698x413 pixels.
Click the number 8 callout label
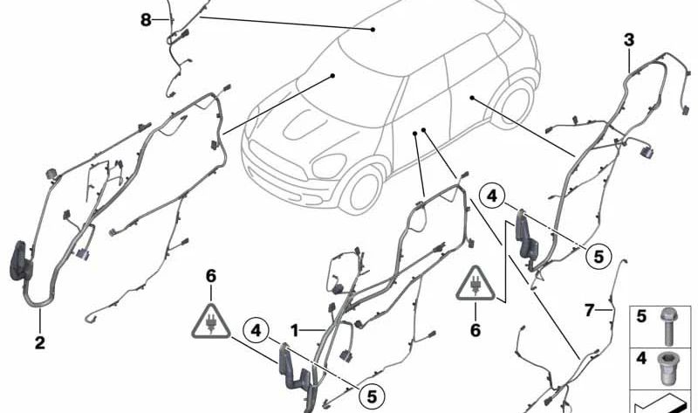tap(146, 19)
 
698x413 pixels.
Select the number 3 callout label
tap(628, 39)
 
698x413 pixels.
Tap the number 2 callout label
tap(39, 342)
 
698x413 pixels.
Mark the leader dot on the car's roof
tap(373, 30)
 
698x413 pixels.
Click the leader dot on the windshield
tap(333, 77)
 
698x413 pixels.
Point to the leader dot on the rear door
tap(471, 99)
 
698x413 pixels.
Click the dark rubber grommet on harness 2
tap(19, 262)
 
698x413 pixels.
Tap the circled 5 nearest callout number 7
tap(598, 257)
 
